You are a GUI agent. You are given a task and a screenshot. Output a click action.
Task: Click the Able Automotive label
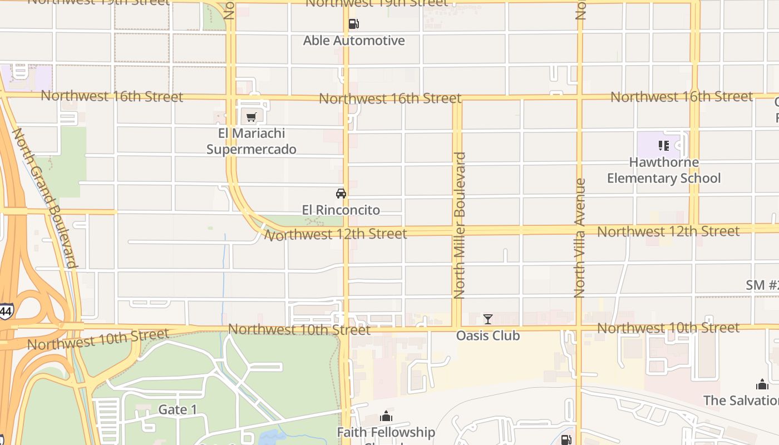354,41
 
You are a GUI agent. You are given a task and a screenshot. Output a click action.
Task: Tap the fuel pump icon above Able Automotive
353,24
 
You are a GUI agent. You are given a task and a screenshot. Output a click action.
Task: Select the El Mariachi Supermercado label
252,141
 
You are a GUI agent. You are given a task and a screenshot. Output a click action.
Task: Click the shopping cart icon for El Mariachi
252,117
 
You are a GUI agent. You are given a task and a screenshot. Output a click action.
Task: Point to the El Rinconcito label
341,210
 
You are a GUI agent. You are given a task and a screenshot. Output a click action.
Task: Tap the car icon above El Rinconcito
341,194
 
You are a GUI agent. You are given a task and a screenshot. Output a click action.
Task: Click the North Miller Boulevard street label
460,225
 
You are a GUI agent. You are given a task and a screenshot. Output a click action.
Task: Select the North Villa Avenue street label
580,238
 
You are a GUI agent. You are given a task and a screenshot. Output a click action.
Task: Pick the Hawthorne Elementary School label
663,170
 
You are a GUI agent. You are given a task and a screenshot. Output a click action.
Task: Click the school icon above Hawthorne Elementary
663,146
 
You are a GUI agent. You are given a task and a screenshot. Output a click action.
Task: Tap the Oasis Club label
488,335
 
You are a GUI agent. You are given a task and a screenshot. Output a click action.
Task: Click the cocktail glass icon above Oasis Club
488,319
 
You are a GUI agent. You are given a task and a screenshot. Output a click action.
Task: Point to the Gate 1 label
178,410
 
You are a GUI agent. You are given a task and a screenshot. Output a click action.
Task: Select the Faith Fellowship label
386,432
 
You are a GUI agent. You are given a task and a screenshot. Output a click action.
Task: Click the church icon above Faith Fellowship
386,416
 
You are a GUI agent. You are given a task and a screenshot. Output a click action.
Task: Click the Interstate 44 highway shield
6,311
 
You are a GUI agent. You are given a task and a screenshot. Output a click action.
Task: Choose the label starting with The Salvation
741,400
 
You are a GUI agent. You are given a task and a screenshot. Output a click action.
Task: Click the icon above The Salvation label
762,384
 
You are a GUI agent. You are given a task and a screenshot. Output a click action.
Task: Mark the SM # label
762,285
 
